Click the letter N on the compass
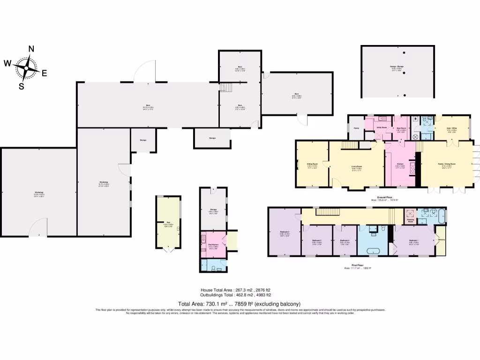[31, 49]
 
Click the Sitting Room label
[312, 164]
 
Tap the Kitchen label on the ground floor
[400, 164]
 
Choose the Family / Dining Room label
[447, 164]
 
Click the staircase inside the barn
[226, 88]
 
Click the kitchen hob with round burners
[413, 169]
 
